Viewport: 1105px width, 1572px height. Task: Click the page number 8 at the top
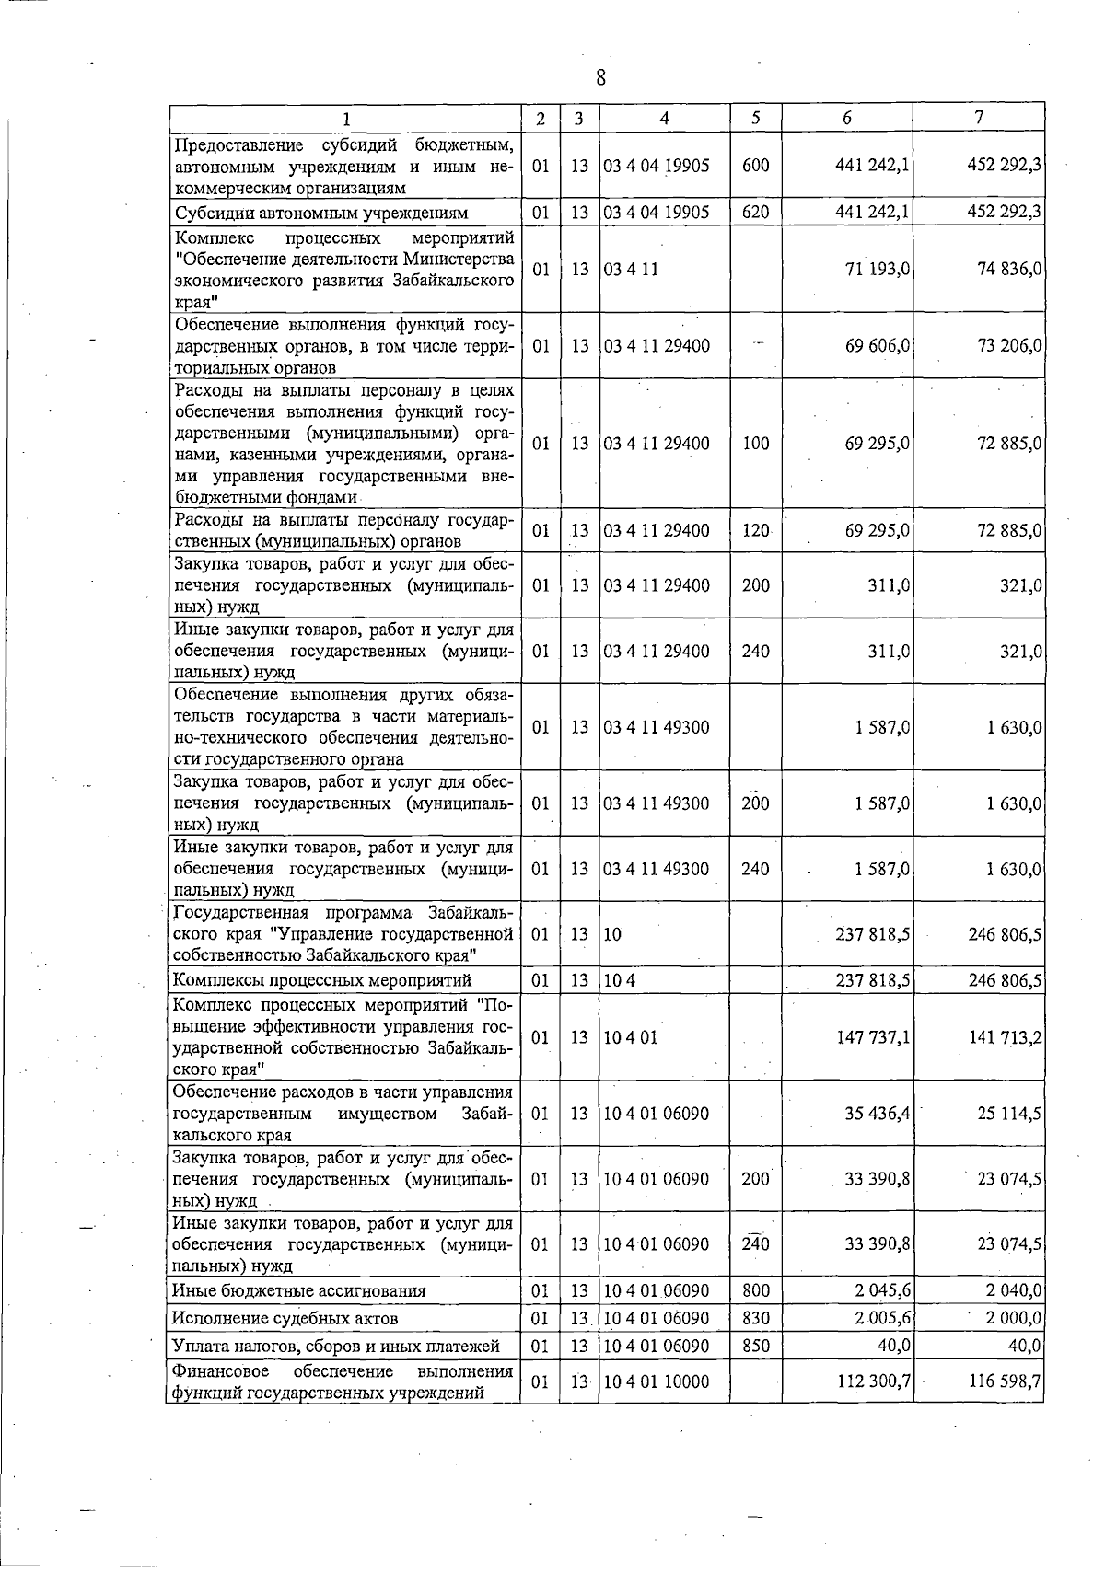tap(600, 77)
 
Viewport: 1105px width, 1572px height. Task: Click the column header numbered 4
tap(664, 118)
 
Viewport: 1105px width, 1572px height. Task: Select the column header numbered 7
tap(979, 117)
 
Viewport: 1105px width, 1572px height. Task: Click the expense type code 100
tap(755, 443)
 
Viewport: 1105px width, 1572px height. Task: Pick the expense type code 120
tap(755, 530)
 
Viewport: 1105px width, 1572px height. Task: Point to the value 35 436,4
tap(878, 1114)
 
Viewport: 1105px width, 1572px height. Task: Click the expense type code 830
tap(755, 1318)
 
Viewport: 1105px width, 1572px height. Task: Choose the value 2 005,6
tap(882, 1318)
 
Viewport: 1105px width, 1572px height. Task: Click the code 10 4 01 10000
tap(657, 1381)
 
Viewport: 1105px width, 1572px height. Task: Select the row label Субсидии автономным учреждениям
tap(321, 214)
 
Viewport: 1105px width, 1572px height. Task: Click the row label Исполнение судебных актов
tap(285, 1318)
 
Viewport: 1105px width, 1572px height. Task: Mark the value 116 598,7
tap(1005, 1381)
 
